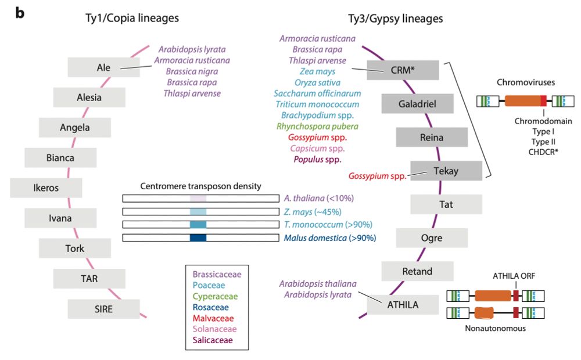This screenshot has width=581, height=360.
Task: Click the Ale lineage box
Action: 103,67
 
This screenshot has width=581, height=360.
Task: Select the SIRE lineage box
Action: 103,309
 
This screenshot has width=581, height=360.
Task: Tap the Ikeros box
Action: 46,188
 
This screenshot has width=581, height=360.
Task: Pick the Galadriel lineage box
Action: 417,105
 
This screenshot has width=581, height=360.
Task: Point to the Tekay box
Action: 446,171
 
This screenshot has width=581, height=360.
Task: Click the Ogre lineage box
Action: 431,237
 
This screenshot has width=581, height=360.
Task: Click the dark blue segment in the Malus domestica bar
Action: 198,237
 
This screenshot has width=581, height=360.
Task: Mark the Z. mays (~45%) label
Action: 313,211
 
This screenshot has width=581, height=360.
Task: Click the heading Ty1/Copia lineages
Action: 132,19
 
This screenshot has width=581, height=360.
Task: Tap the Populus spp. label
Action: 317,159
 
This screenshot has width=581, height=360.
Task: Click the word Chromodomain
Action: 543,121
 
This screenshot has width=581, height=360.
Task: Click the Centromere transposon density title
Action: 200,186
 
